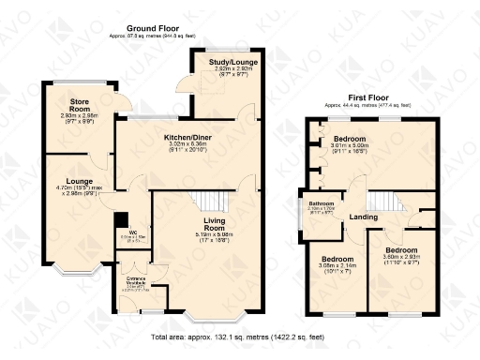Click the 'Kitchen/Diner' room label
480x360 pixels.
pyautogui.click(x=187, y=138)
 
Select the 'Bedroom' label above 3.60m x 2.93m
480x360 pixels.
pyautogui.click(x=399, y=251)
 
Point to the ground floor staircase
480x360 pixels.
pyautogui.click(x=215, y=201)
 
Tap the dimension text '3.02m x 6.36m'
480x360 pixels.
pyautogui.click(x=187, y=144)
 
